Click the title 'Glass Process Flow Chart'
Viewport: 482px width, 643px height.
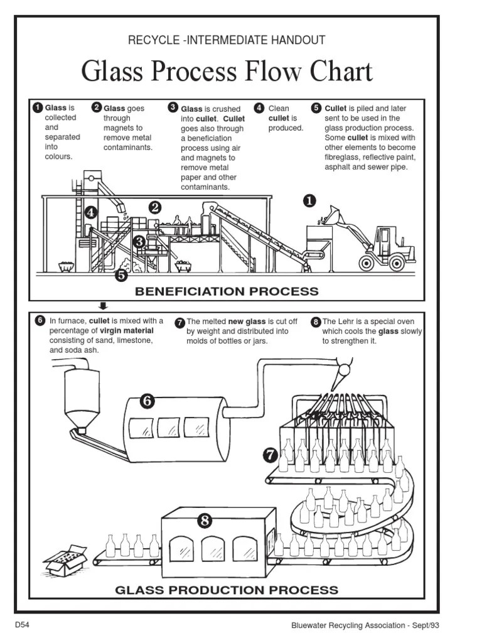227,72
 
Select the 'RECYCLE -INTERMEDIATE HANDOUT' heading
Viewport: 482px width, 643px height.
227,40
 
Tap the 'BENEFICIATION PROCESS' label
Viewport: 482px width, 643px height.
227,291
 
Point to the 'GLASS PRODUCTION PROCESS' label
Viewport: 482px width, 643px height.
227,590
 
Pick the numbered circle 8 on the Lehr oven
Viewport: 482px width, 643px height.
205,520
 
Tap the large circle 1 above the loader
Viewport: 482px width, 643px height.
309,201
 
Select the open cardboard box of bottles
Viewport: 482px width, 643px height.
64,559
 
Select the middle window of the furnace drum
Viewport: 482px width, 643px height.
169,430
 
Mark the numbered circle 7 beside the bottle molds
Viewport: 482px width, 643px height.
270,454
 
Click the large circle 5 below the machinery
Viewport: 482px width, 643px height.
121,274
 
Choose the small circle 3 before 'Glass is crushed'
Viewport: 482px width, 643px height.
173,108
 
